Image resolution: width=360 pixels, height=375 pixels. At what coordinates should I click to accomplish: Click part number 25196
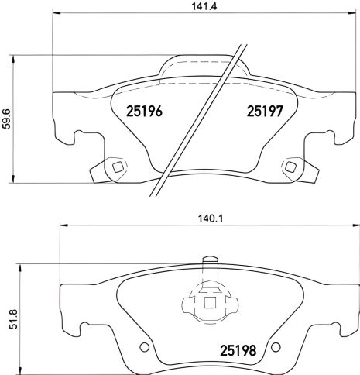click(x=143, y=112)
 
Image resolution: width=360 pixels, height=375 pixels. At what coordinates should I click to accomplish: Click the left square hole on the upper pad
click(x=117, y=167)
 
